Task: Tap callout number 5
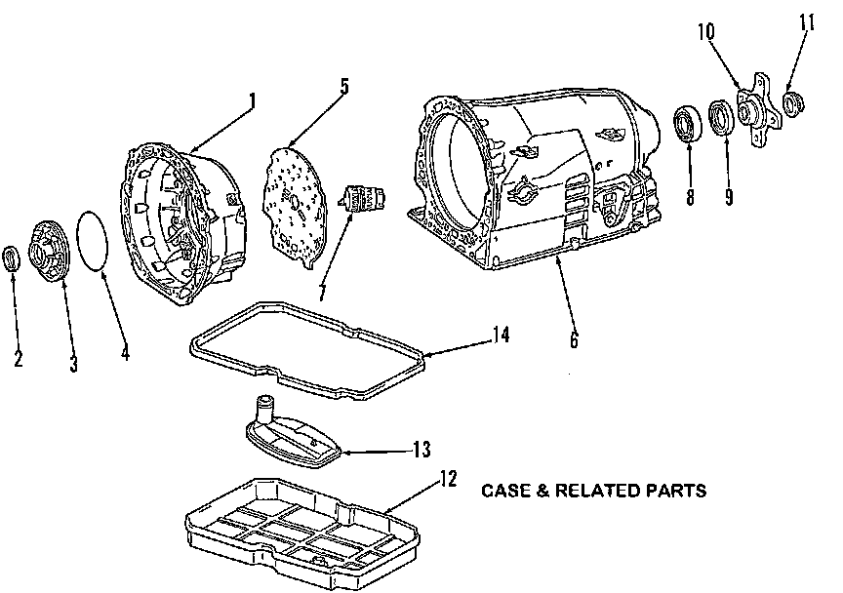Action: [343, 85]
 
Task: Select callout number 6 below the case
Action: [573, 340]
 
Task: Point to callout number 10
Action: [706, 31]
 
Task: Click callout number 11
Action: [807, 23]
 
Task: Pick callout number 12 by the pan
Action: [447, 480]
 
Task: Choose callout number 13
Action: [421, 450]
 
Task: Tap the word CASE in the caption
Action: [503, 491]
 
